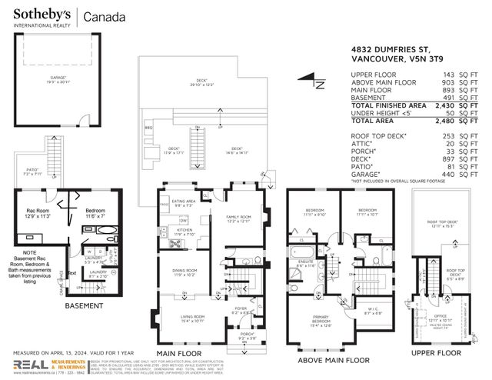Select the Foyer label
point(239,309)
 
